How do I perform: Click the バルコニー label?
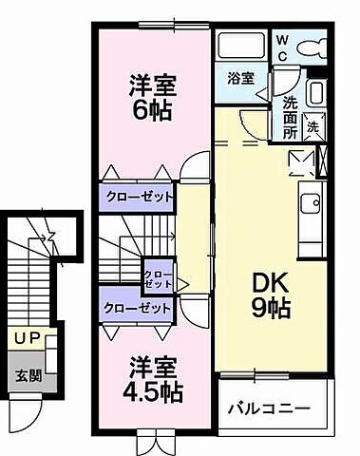(269, 409)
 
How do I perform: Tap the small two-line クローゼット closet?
(158, 279)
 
